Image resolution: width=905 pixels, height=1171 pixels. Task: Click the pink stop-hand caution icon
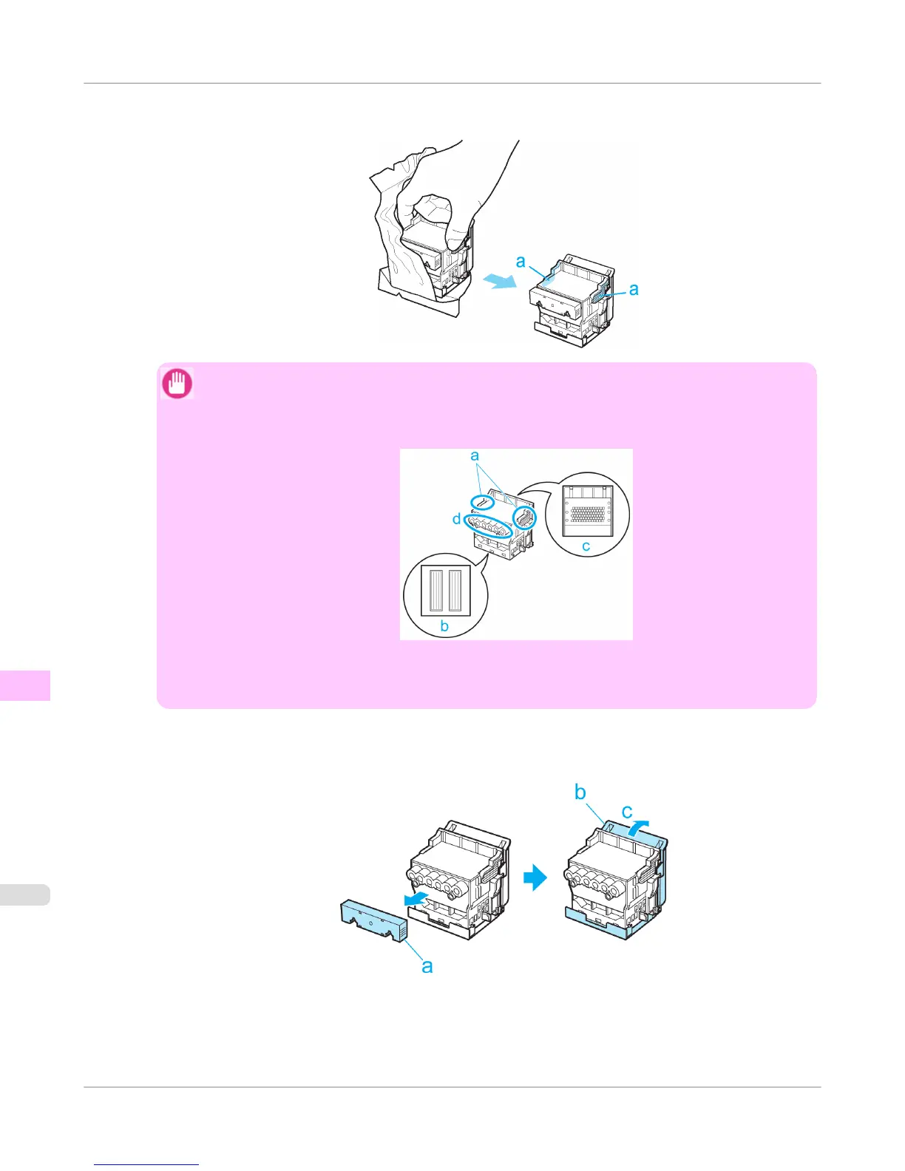pyautogui.click(x=177, y=384)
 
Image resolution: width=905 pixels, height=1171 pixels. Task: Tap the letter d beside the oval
pyautogui.click(x=457, y=519)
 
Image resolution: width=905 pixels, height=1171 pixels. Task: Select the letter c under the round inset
pyautogui.click(x=586, y=547)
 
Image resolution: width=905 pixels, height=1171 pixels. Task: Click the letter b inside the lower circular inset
pyautogui.click(x=444, y=625)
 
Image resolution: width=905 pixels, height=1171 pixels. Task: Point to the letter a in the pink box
pyautogui.click(x=475, y=455)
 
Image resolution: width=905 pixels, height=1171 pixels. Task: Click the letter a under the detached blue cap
pyautogui.click(x=427, y=965)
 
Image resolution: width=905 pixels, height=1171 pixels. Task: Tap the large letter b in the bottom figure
pyautogui.click(x=580, y=792)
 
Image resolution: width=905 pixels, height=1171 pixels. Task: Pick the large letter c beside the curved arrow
pyautogui.click(x=627, y=812)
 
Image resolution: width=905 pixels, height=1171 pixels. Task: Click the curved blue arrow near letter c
pyautogui.click(x=640, y=827)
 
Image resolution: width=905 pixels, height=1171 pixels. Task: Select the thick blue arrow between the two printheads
pyautogui.click(x=535, y=878)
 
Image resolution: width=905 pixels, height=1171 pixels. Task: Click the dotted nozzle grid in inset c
pyautogui.click(x=588, y=512)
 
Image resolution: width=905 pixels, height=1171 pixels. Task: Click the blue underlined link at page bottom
pyautogui.click(x=146, y=1164)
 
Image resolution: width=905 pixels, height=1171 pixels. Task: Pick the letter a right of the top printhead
pyautogui.click(x=634, y=289)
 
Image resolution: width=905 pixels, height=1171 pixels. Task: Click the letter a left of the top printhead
pyautogui.click(x=521, y=261)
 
